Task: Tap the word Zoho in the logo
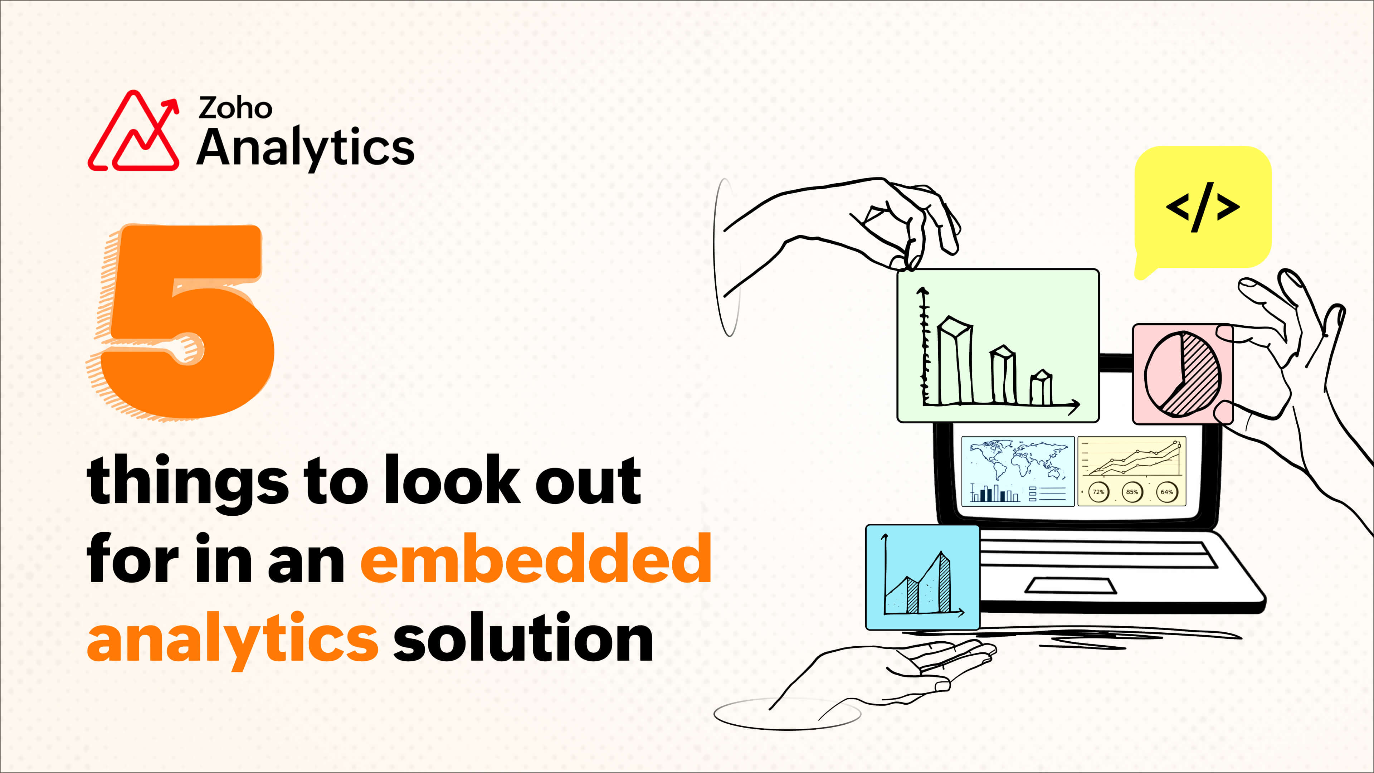pyautogui.click(x=235, y=108)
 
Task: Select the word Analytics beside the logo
pyautogui.click(x=306, y=148)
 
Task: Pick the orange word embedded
pyautogui.click(x=536, y=559)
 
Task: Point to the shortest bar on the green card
pyautogui.click(x=1041, y=388)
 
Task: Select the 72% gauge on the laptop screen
pyautogui.click(x=1098, y=492)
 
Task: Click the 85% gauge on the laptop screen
pyautogui.click(x=1132, y=492)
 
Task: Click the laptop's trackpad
pyautogui.click(x=1071, y=585)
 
